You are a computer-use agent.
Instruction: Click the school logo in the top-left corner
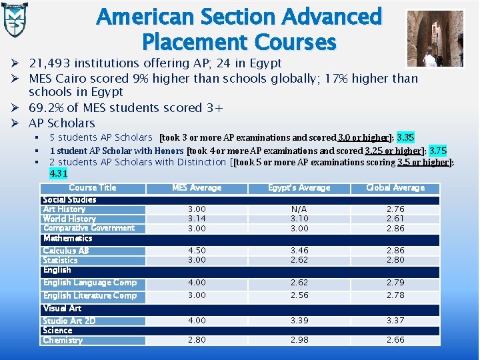pyautogui.click(x=16, y=19)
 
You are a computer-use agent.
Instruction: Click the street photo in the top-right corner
pyautogui.click(x=435, y=39)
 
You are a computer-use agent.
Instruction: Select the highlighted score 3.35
pyautogui.click(x=405, y=138)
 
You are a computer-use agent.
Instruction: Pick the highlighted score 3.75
pyautogui.click(x=438, y=151)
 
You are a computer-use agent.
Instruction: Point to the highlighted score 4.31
pyautogui.click(x=59, y=173)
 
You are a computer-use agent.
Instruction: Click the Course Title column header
pyautogui.click(x=92, y=188)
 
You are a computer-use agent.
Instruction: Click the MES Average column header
pyautogui.click(x=197, y=188)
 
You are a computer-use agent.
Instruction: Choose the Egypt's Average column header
pyautogui.click(x=299, y=188)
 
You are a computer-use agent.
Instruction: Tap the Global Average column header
pyautogui.click(x=395, y=188)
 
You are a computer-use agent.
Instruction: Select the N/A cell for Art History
pyautogui.click(x=299, y=209)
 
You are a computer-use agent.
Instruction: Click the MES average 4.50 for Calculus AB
pyautogui.click(x=197, y=251)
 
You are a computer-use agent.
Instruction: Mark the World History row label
pyautogui.click(x=69, y=219)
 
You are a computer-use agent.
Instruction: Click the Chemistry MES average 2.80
pyautogui.click(x=197, y=340)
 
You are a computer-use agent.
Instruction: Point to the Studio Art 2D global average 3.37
pyautogui.click(x=395, y=321)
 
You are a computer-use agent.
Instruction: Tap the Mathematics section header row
pyautogui.click(x=67, y=238)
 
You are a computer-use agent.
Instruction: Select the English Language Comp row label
pyautogui.click(x=89, y=283)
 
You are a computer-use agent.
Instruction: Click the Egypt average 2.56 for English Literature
pyautogui.click(x=299, y=295)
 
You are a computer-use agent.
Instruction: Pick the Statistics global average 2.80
pyautogui.click(x=395, y=260)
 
